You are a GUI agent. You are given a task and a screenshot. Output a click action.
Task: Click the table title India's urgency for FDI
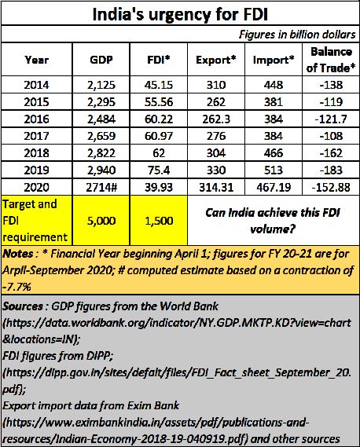click(x=180, y=14)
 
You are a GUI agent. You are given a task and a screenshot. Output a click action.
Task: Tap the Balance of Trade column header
click(x=331, y=60)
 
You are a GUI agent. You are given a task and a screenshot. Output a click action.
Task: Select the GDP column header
click(x=101, y=60)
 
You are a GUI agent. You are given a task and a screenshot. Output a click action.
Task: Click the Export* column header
click(x=216, y=60)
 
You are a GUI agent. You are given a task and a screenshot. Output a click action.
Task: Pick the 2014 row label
click(x=36, y=85)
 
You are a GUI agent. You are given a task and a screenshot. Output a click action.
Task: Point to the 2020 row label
click(x=36, y=187)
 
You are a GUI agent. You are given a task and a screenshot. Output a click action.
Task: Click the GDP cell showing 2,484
click(x=101, y=119)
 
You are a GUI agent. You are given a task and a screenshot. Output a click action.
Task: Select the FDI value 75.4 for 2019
click(x=159, y=170)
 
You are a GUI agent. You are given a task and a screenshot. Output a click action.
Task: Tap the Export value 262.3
click(x=216, y=119)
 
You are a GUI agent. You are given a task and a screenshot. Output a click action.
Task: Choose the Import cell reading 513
click(x=274, y=170)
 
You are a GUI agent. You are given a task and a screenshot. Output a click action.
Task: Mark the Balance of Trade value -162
click(x=331, y=153)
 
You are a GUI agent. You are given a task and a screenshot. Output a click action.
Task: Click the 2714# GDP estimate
click(x=101, y=187)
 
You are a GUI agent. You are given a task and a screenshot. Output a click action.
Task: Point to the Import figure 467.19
click(x=274, y=187)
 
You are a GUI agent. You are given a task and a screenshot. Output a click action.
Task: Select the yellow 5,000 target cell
click(x=101, y=221)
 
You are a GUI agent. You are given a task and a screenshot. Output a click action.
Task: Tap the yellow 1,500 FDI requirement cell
click(x=159, y=221)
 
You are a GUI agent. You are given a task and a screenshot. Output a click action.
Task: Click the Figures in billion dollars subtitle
click(x=297, y=35)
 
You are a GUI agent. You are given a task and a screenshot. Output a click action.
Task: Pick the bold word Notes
click(x=18, y=254)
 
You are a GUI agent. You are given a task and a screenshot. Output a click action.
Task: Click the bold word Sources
click(x=23, y=306)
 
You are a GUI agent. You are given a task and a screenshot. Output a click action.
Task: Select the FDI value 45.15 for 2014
click(x=159, y=85)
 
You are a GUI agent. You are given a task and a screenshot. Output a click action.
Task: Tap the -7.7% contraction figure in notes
click(x=17, y=287)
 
